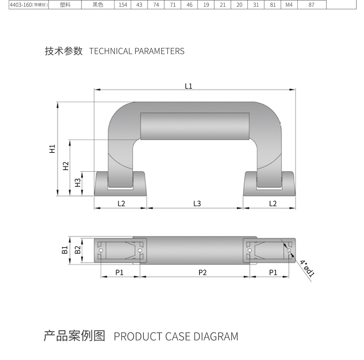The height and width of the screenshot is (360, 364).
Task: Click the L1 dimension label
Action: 188,86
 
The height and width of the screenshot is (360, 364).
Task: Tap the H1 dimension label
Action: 52,149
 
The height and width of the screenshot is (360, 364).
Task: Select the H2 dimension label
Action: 66,166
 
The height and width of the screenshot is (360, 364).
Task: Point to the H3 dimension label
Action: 77,182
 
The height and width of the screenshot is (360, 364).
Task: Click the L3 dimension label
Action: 197,204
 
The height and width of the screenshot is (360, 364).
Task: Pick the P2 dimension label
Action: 202,272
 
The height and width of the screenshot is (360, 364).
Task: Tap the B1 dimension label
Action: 65,250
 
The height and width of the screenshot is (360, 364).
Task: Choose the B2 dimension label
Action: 77,250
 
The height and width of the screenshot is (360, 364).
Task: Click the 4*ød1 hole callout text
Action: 307,269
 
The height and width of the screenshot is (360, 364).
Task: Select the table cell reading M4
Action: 289,5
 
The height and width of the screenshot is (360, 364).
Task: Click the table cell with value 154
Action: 123,5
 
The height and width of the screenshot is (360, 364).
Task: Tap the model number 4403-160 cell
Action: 29,5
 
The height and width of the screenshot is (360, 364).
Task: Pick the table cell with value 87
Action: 312,5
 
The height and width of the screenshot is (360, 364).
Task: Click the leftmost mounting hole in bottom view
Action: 101,251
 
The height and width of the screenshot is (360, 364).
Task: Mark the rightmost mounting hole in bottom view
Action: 289,251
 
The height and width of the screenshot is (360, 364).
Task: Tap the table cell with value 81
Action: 273,5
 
